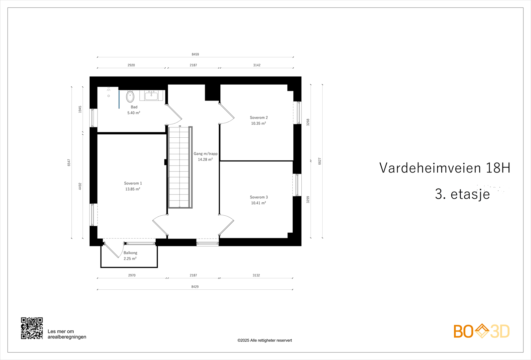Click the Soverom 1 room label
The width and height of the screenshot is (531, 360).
(x=133, y=183)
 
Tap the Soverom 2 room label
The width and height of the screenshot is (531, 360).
(x=259, y=117)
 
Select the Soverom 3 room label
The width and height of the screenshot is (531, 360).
(x=259, y=197)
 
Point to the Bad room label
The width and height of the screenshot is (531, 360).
(x=134, y=107)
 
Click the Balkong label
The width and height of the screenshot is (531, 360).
(x=130, y=253)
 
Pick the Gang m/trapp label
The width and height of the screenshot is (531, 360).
(x=205, y=154)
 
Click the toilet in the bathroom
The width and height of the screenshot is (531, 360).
(x=130, y=97)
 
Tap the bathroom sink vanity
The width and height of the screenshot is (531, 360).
(x=151, y=96)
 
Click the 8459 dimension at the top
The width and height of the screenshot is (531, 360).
(x=195, y=54)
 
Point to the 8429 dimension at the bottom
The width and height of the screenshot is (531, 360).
(x=195, y=287)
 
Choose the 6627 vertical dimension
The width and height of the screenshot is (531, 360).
(x=320, y=161)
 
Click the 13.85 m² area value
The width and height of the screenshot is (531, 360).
(x=133, y=189)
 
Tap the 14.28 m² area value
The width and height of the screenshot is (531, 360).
(x=205, y=160)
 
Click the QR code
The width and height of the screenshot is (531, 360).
(x=32, y=328)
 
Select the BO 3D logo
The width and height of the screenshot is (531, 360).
(x=481, y=331)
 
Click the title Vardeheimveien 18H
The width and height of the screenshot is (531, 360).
(x=444, y=168)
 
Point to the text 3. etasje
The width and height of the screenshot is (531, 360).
(x=462, y=194)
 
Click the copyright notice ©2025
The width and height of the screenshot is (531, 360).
(x=265, y=340)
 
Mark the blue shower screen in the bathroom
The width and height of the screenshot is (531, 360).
(x=119, y=99)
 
